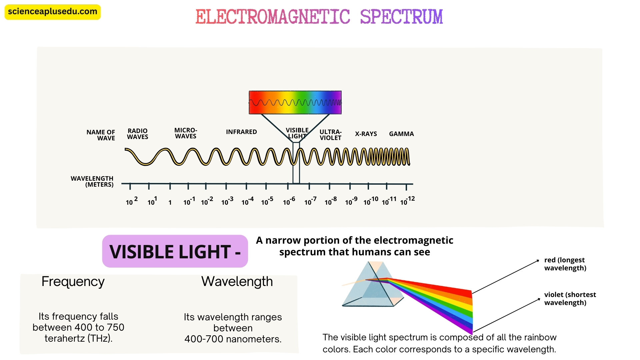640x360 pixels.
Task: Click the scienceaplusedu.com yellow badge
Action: pyautogui.click(x=52, y=12)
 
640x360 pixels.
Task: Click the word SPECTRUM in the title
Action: pyautogui.click(x=401, y=17)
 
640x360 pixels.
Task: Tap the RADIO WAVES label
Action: pyautogui.click(x=137, y=134)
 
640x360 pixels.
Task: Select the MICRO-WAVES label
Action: pyautogui.click(x=186, y=133)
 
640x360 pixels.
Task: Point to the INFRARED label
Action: pyautogui.click(x=241, y=132)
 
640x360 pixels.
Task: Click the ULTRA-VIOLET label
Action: pyautogui.click(x=330, y=135)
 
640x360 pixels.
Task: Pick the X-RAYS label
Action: pyautogui.click(x=366, y=134)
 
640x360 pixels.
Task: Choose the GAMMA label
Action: pyautogui.click(x=401, y=134)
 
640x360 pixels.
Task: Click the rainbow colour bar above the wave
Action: pyautogui.click(x=295, y=102)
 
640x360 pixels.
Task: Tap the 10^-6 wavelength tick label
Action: pyautogui.click(x=289, y=201)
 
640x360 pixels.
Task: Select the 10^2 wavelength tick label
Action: pyautogui.click(x=132, y=201)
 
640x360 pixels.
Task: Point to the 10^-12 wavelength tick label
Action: pyautogui.click(x=407, y=201)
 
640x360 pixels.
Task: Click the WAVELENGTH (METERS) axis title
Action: pyautogui.click(x=92, y=182)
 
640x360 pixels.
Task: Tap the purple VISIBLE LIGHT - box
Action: pyautogui.click(x=175, y=251)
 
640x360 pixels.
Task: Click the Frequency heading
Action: pyautogui.click(x=73, y=282)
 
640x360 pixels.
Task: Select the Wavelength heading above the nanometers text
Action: pyautogui.click(x=237, y=282)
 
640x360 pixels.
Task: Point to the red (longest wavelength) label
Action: pyautogui.click(x=565, y=264)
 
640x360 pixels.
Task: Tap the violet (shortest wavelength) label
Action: pyautogui.click(x=570, y=299)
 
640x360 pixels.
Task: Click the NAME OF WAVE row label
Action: pyautogui.click(x=101, y=135)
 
